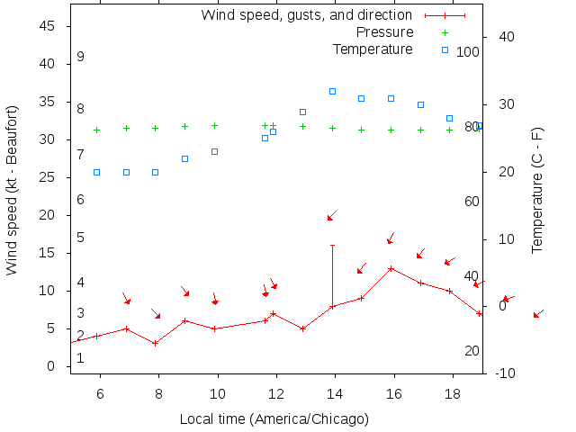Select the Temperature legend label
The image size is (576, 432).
click(373, 49)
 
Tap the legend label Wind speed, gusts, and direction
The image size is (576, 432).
click(306, 15)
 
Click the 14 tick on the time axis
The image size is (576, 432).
click(334, 394)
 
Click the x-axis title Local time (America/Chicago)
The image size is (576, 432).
click(274, 418)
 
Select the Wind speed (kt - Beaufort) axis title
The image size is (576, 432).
click(12, 201)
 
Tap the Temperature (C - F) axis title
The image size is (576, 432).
click(537, 189)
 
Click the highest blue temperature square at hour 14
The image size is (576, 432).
click(332, 91)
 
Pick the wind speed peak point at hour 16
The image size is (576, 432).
click(391, 268)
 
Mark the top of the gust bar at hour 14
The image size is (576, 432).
click(332, 245)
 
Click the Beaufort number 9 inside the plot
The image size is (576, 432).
click(80, 57)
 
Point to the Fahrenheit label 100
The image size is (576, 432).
click(468, 52)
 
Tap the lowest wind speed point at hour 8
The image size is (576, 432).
click(156, 343)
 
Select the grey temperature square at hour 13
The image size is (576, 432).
click(302, 112)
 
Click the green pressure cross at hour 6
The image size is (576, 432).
click(96, 130)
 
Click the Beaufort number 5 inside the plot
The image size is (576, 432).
click(80, 238)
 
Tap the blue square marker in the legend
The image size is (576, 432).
click(445, 49)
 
